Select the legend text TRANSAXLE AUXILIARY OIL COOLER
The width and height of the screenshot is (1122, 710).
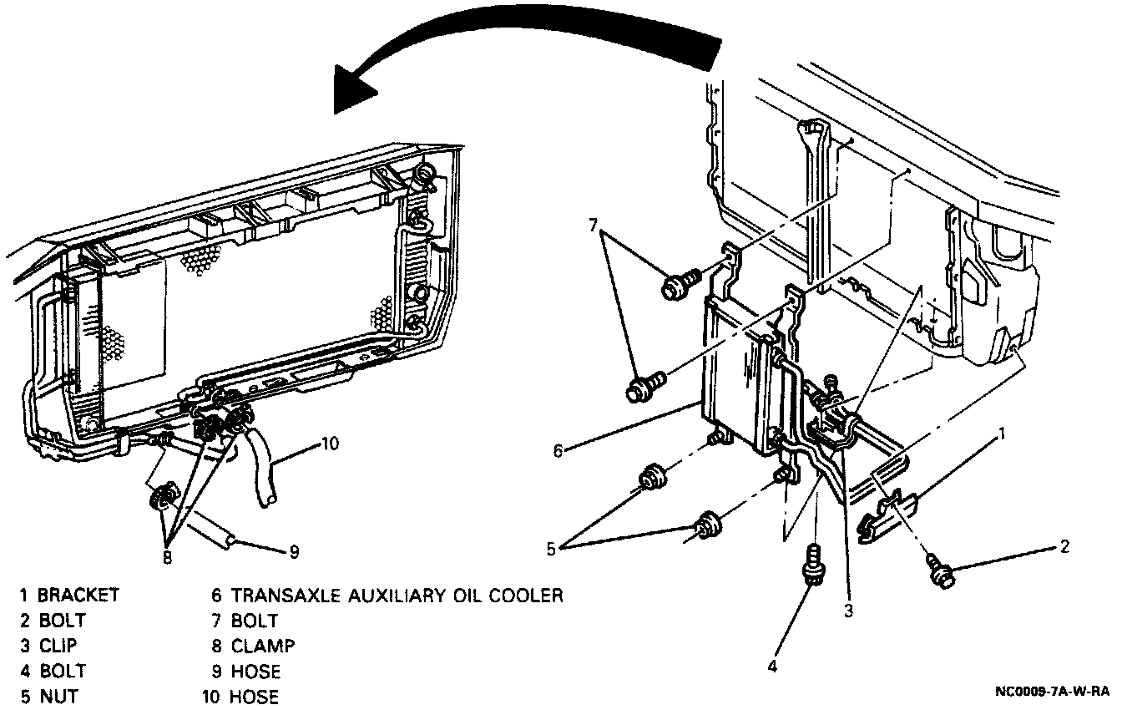[397, 596]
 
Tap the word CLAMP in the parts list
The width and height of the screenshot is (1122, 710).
[263, 646]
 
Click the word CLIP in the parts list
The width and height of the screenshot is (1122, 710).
[58, 646]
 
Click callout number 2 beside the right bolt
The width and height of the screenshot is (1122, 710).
[1064, 547]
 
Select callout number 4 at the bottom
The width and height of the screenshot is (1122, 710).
[772, 667]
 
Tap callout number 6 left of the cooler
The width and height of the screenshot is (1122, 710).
[557, 451]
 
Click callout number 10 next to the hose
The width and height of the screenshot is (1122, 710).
[331, 444]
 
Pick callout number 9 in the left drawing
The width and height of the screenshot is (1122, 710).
[293, 551]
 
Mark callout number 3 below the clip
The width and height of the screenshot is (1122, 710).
[848, 611]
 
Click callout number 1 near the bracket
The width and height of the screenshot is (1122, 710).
[1003, 433]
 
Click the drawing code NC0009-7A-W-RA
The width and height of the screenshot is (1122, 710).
[1053, 692]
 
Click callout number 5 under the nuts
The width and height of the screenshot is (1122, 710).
[549, 549]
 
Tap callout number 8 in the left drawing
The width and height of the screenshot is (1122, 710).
[167, 558]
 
